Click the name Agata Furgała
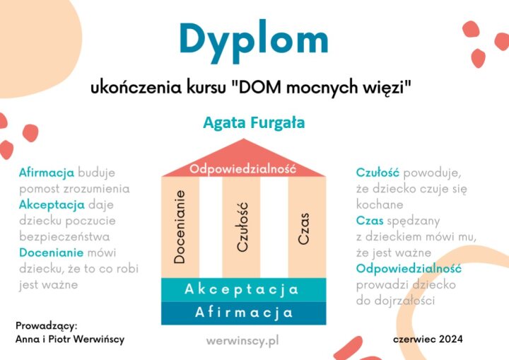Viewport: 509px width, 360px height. pyautogui.click(x=254, y=123)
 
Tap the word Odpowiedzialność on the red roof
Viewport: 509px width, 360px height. pyautogui.click(x=242, y=169)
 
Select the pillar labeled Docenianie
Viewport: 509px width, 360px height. pyautogui.click(x=180, y=227)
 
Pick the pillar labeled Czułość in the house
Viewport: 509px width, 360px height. pyautogui.click(x=242, y=227)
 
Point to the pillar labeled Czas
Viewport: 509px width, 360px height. pyautogui.click(x=307, y=227)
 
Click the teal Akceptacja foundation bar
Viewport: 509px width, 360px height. pyautogui.click(x=243, y=289)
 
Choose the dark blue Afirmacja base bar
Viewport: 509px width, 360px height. pyautogui.click(x=243, y=313)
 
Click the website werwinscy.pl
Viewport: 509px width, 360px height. pyautogui.click(x=242, y=341)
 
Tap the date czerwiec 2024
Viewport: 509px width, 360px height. pyautogui.click(x=428, y=339)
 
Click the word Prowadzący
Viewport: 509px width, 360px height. pyautogui.click(x=47, y=326)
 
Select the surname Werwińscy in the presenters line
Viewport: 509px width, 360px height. pyautogui.click(x=99, y=339)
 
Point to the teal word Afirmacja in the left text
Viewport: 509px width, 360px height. pyautogui.click(x=47, y=173)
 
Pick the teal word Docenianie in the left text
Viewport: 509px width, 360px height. pyautogui.click(x=52, y=252)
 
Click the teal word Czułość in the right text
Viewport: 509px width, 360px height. pyautogui.click(x=378, y=173)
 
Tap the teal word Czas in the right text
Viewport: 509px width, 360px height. pyautogui.click(x=370, y=221)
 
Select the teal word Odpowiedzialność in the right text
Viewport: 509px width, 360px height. pyautogui.click(x=409, y=269)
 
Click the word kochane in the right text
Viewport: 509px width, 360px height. pyautogui.click(x=380, y=204)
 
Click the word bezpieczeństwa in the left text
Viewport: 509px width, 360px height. pyautogui.click(x=64, y=236)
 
